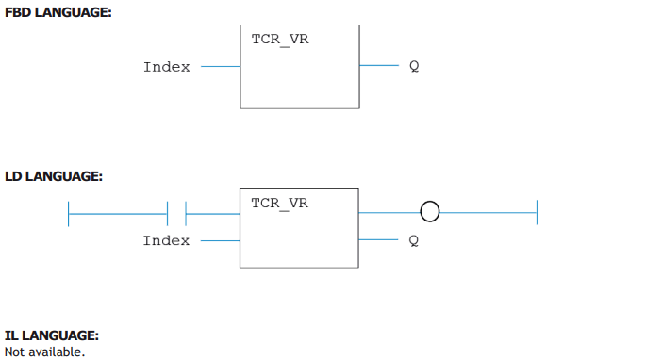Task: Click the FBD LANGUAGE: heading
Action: (x=58, y=12)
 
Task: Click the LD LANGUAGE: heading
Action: (x=54, y=176)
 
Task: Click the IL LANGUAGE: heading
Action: (x=52, y=335)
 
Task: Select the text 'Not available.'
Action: (x=44, y=352)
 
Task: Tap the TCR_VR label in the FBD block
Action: (x=280, y=40)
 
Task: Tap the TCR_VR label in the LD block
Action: (x=280, y=204)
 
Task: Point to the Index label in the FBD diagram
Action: (x=167, y=67)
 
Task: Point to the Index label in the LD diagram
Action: (x=166, y=240)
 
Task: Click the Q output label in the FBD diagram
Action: (x=414, y=66)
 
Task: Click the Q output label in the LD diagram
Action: (x=414, y=240)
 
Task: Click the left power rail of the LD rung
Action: (x=69, y=214)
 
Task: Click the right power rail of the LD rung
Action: (x=538, y=213)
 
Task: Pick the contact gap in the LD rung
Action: (x=176, y=214)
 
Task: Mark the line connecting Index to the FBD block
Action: (x=221, y=66)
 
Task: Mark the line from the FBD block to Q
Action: (x=379, y=65)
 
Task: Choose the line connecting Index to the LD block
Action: (x=220, y=240)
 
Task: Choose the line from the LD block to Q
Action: (x=378, y=239)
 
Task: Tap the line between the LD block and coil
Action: (x=389, y=213)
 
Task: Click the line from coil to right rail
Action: (x=489, y=213)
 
